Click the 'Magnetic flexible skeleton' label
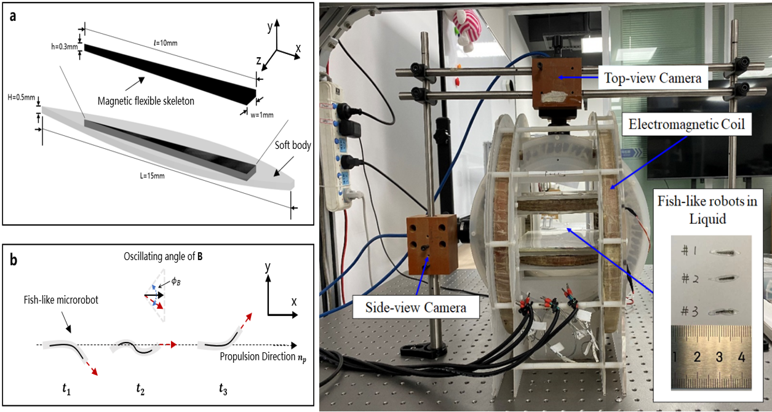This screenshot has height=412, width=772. pyautogui.click(x=146, y=101)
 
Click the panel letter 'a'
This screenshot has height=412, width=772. pyautogui.click(x=12, y=17)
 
